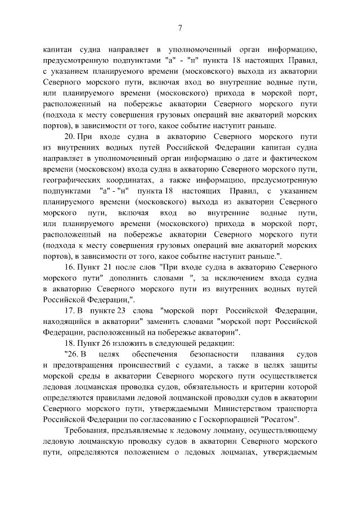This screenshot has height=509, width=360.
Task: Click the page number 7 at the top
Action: point(179,28)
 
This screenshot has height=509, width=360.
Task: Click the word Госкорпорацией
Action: point(230,419)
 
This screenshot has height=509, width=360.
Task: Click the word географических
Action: point(71,179)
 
